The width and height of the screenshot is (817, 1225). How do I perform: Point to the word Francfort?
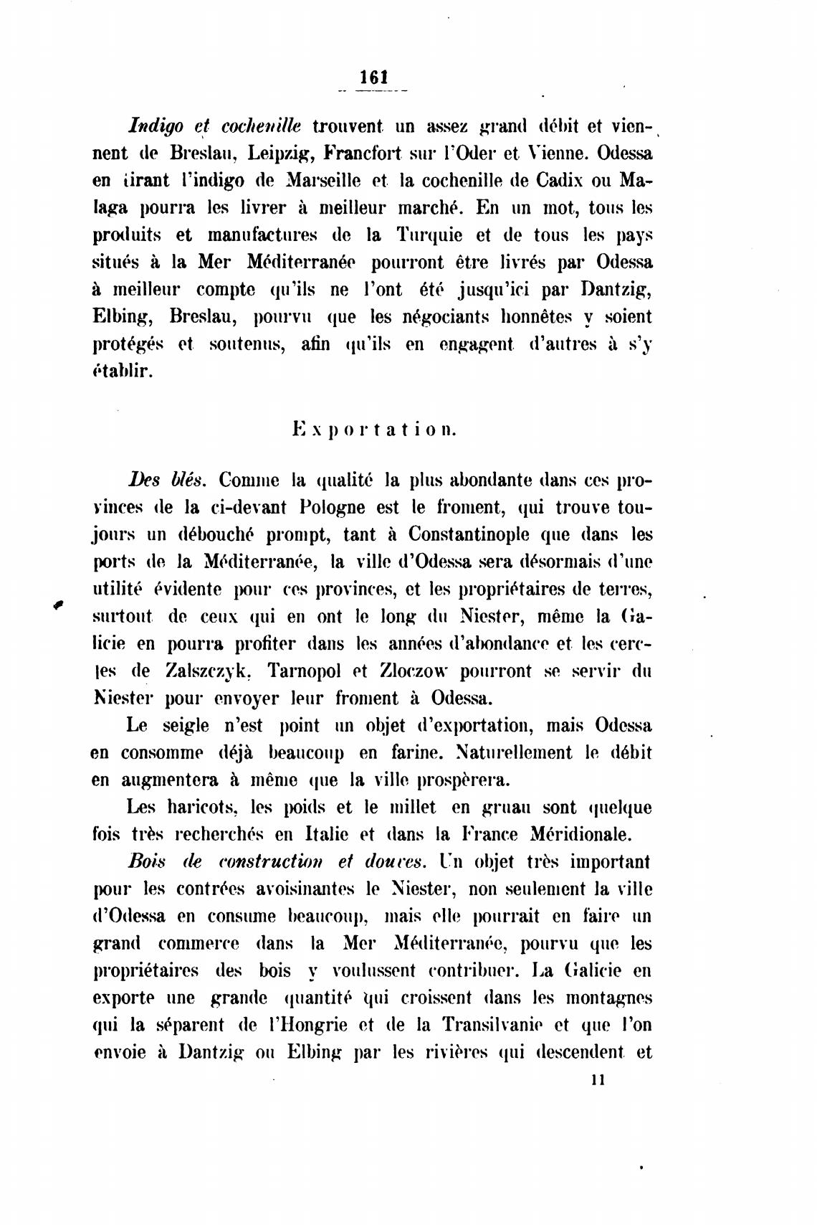[365, 154]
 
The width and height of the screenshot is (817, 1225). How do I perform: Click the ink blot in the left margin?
[59, 605]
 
